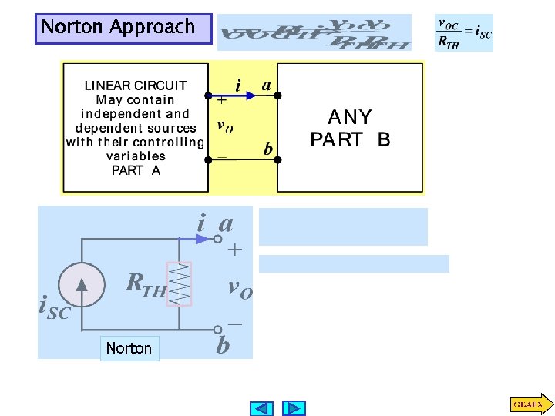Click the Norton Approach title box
(123, 28)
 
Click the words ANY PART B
(350, 129)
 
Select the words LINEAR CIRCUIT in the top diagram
(136, 86)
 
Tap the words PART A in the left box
(136, 170)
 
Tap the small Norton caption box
(129, 348)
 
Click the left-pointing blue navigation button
(263, 408)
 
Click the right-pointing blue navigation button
(294, 408)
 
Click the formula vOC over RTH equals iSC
(464, 33)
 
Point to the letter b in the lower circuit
(223, 345)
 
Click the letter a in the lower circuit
(226, 224)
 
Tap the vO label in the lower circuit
(240, 288)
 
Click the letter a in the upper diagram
(266, 86)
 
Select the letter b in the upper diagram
(268, 149)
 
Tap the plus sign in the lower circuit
(234, 250)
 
